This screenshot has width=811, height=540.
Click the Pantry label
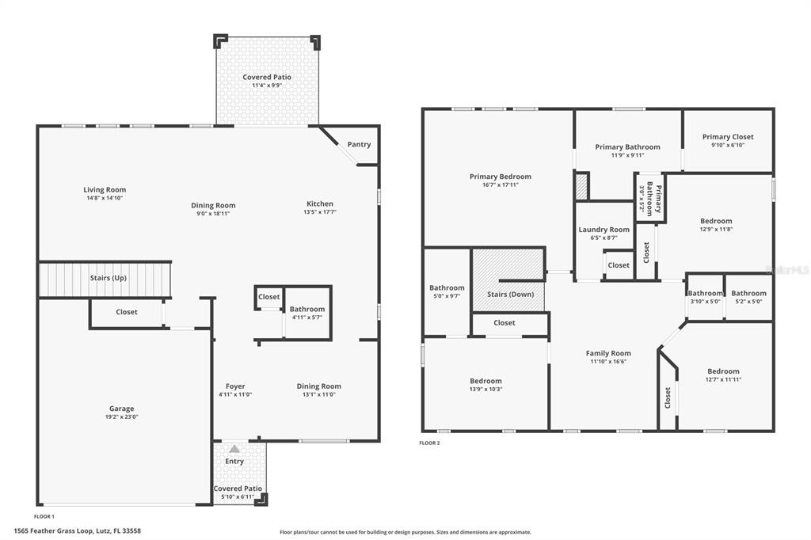(x=359, y=144)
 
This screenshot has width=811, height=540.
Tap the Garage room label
(x=121, y=409)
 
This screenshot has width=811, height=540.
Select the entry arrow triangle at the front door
(x=234, y=449)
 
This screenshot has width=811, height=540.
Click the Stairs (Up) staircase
(x=105, y=280)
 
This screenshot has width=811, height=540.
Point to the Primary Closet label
(x=728, y=137)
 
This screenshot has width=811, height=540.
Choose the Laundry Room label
(x=603, y=230)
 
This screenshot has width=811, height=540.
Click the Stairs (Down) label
(x=510, y=295)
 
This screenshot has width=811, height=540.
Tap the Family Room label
(x=608, y=353)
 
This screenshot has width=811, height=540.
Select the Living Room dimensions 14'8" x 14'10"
(x=105, y=197)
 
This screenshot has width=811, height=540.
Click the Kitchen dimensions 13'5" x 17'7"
(x=320, y=211)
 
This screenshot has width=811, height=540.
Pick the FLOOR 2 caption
(x=429, y=443)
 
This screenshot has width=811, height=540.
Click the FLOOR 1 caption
(x=44, y=515)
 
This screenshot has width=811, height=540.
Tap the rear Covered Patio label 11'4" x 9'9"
(x=267, y=86)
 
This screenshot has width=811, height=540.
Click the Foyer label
(x=235, y=386)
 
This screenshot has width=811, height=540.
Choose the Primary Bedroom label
(x=500, y=177)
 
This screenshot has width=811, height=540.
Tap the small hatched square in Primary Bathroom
(x=581, y=187)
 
